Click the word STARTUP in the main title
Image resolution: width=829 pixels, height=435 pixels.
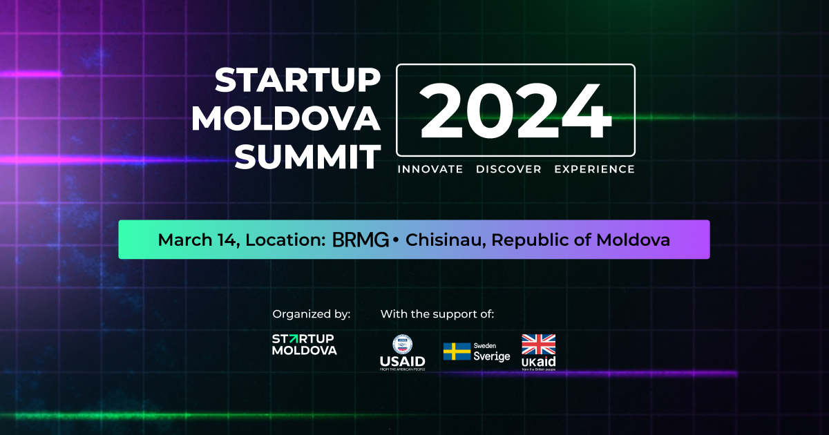click(297, 81)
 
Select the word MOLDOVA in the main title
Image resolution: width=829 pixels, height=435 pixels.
click(286, 119)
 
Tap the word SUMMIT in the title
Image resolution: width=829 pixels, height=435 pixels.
click(307, 157)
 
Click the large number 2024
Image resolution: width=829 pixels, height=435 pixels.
click(515, 110)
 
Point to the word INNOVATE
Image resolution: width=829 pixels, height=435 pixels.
click(430, 169)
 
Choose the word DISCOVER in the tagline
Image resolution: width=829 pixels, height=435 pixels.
click(508, 169)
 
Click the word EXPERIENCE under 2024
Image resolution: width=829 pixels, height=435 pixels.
click(594, 169)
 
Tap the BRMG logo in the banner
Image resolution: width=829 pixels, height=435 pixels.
click(360, 240)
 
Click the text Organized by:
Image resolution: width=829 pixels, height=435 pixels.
click(312, 314)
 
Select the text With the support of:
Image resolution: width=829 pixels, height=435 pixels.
click(437, 314)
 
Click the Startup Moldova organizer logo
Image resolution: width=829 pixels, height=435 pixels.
click(304, 345)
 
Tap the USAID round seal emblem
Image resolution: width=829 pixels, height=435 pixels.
click(402, 344)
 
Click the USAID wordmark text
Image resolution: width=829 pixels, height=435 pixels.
click(402, 361)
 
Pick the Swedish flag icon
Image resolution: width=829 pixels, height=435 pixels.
click(457, 352)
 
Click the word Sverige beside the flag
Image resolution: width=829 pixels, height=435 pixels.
click(491, 357)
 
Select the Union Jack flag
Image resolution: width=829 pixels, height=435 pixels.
click(538, 344)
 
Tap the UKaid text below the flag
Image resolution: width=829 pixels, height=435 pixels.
click(538, 362)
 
